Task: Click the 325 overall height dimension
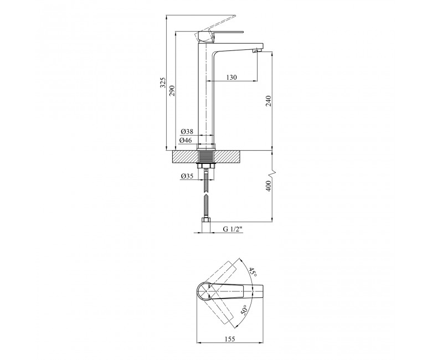(163, 83)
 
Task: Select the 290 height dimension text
(172, 91)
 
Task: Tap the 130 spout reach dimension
(232, 78)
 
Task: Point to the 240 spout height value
(269, 101)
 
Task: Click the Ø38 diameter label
(187, 132)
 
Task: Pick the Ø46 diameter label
(186, 140)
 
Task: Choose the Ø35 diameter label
(187, 176)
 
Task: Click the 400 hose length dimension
(269, 186)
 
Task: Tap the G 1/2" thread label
(232, 229)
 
